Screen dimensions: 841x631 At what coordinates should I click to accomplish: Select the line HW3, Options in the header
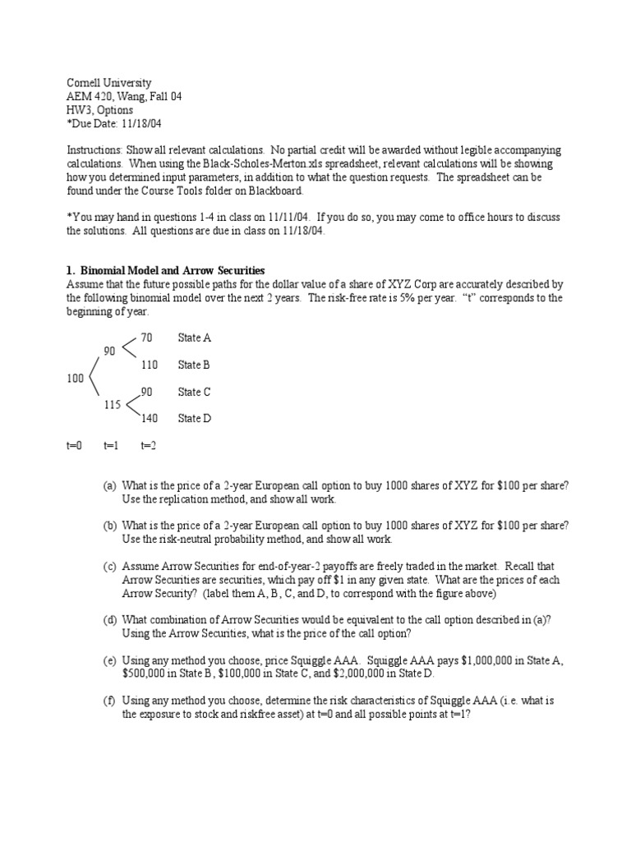click(99, 109)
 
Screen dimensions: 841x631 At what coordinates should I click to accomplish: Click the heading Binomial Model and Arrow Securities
click(171, 271)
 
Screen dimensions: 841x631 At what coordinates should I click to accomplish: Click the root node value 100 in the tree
click(75, 379)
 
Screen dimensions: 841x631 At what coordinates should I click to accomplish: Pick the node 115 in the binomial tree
click(113, 405)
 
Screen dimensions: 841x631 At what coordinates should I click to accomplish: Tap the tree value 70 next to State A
click(146, 338)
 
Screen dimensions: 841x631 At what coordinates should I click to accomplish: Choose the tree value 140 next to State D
click(149, 418)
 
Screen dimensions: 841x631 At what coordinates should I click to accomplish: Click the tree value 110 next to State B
click(149, 365)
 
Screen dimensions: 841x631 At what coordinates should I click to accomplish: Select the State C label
click(195, 392)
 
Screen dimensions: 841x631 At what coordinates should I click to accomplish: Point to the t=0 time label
click(74, 445)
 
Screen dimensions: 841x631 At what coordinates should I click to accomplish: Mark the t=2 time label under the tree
click(149, 445)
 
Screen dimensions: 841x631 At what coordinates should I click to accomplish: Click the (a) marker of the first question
click(109, 485)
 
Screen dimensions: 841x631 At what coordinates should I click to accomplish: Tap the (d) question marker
click(109, 619)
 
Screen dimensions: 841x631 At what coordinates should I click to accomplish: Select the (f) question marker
click(109, 701)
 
